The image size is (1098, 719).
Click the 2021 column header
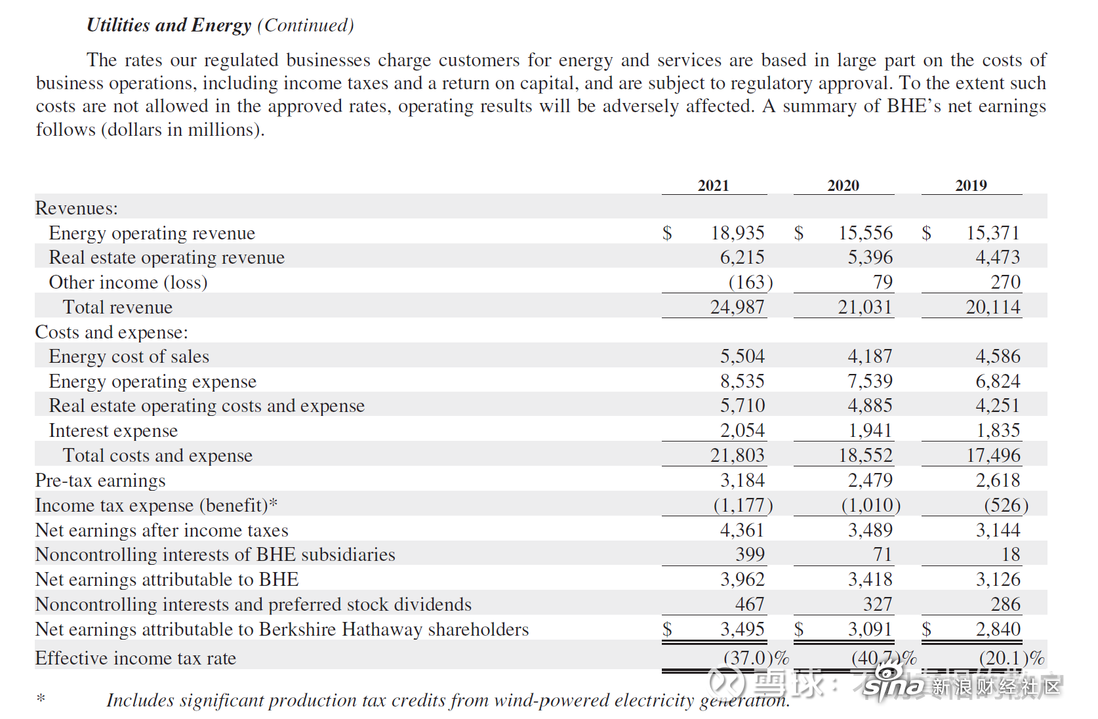tap(713, 185)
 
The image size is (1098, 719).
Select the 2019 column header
tap(971, 185)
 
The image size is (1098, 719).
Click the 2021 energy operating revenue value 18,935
tap(737, 233)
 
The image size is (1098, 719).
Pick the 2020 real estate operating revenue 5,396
tap(870, 257)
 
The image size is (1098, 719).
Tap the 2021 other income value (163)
tap(750, 282)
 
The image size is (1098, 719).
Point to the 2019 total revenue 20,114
tap(993, 307)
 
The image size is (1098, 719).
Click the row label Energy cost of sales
tap(129, 356)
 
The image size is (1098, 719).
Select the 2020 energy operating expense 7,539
tap(870, 381)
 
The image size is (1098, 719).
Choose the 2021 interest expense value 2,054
tap(742, 430)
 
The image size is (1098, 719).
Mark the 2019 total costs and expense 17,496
tap(993, 455)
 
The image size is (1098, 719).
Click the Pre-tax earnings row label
tap(100, 480)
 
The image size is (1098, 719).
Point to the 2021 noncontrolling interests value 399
tap(750, 554)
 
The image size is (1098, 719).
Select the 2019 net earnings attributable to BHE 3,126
tap(998, 579)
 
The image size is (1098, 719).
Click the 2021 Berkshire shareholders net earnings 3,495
tap(742, 629)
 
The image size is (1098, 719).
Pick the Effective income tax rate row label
tap(136, 658)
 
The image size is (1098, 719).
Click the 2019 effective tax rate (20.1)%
tap(1011, 658)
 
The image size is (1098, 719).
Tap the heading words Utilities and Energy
tap(169, 26)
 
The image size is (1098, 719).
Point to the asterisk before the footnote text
tap(41, 698)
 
